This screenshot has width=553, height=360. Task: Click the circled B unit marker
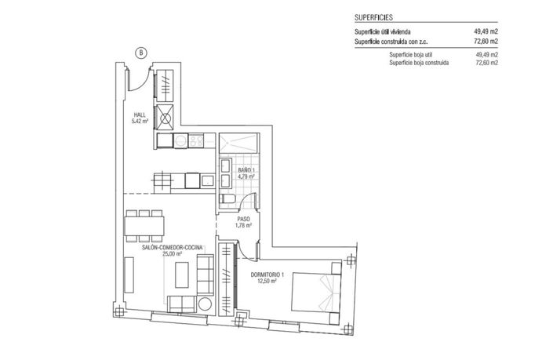[140, 53]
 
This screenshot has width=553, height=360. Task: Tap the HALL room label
[140, 115]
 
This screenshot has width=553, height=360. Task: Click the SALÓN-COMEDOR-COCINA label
[173, 247]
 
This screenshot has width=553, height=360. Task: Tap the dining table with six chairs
[144, 225]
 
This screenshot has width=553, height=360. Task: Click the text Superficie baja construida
[419, 62]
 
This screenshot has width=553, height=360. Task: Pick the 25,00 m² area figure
[173, 254]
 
